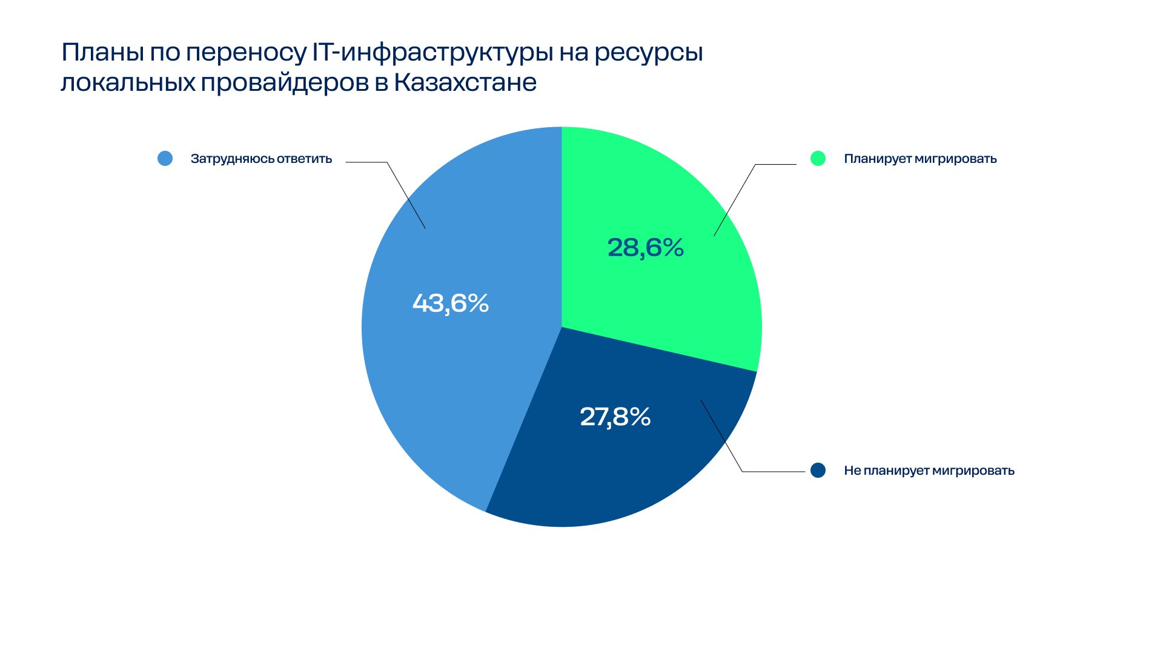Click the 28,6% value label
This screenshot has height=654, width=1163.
645,248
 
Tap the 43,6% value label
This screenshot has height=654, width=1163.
451,303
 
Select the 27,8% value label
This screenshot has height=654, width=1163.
615,417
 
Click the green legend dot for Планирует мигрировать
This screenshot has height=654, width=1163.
818,159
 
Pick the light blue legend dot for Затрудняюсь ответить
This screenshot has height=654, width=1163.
165,159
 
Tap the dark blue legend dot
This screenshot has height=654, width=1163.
818,471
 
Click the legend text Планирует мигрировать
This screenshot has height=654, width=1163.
920,159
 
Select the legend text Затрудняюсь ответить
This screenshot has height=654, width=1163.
261,159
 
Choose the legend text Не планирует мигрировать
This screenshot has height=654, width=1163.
929,471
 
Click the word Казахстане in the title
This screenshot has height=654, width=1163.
465,82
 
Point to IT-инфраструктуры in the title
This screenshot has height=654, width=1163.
432,53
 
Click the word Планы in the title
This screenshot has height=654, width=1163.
102,53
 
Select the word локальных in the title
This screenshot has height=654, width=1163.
128,82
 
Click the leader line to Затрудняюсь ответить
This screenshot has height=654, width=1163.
406,195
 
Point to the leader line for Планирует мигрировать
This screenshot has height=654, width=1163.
735,199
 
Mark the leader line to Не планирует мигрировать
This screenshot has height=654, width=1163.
721,436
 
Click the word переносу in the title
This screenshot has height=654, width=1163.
246,53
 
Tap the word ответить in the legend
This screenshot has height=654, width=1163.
304,159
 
